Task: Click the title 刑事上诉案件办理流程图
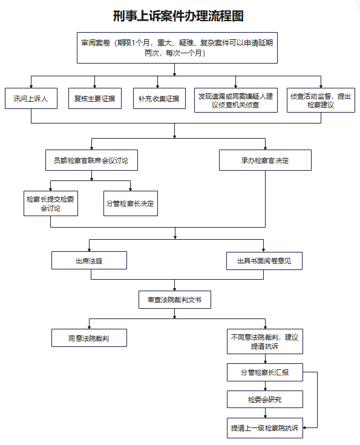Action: tap(178, 16)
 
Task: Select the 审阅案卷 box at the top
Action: tap(177, 48)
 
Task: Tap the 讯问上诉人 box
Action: tap(31, 98)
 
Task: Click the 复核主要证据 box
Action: tap(95, 98)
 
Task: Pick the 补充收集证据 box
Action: tap(159, 98)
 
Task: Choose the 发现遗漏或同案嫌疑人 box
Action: tap(236, 100)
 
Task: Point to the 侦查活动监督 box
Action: tap(321, 100)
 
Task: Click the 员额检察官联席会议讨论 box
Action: tap(91, 160)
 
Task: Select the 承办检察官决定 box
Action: tap(265, 160)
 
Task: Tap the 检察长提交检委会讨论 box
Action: tap(51, 203)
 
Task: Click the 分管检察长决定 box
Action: tap(131, 203)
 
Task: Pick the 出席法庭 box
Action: tap(89, 260)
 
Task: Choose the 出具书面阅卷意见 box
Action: tap(264, 261)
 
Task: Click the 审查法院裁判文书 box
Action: tap(175, 300)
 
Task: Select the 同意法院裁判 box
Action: tap(89, 338)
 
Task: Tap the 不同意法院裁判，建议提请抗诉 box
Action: tap(265, 341)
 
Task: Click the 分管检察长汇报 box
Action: tap(265, 372)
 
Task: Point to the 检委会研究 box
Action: tap(265, 400)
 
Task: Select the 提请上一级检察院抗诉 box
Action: tap(265, 428)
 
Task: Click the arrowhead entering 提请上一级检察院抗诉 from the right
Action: tap(305, 427)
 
